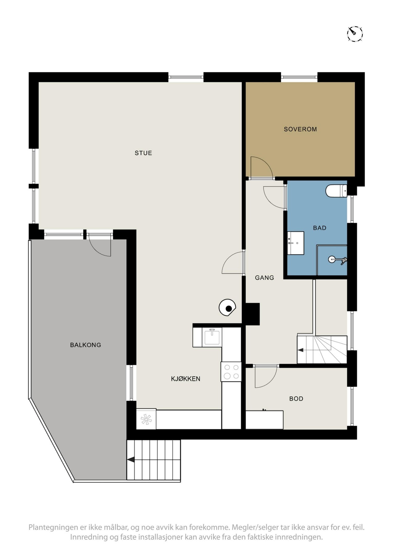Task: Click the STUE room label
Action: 143,153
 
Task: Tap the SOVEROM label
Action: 300,129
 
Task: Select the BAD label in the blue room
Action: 320,228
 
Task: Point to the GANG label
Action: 264,278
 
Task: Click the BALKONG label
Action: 86,345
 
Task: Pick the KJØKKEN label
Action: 186,379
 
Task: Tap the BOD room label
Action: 296,399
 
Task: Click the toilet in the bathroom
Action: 336,191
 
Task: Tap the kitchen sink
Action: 212,337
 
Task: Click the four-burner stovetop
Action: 231,372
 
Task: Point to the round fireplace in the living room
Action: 227,308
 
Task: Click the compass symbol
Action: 355,33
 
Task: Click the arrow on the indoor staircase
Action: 300,350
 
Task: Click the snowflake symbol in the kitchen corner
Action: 146,419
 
